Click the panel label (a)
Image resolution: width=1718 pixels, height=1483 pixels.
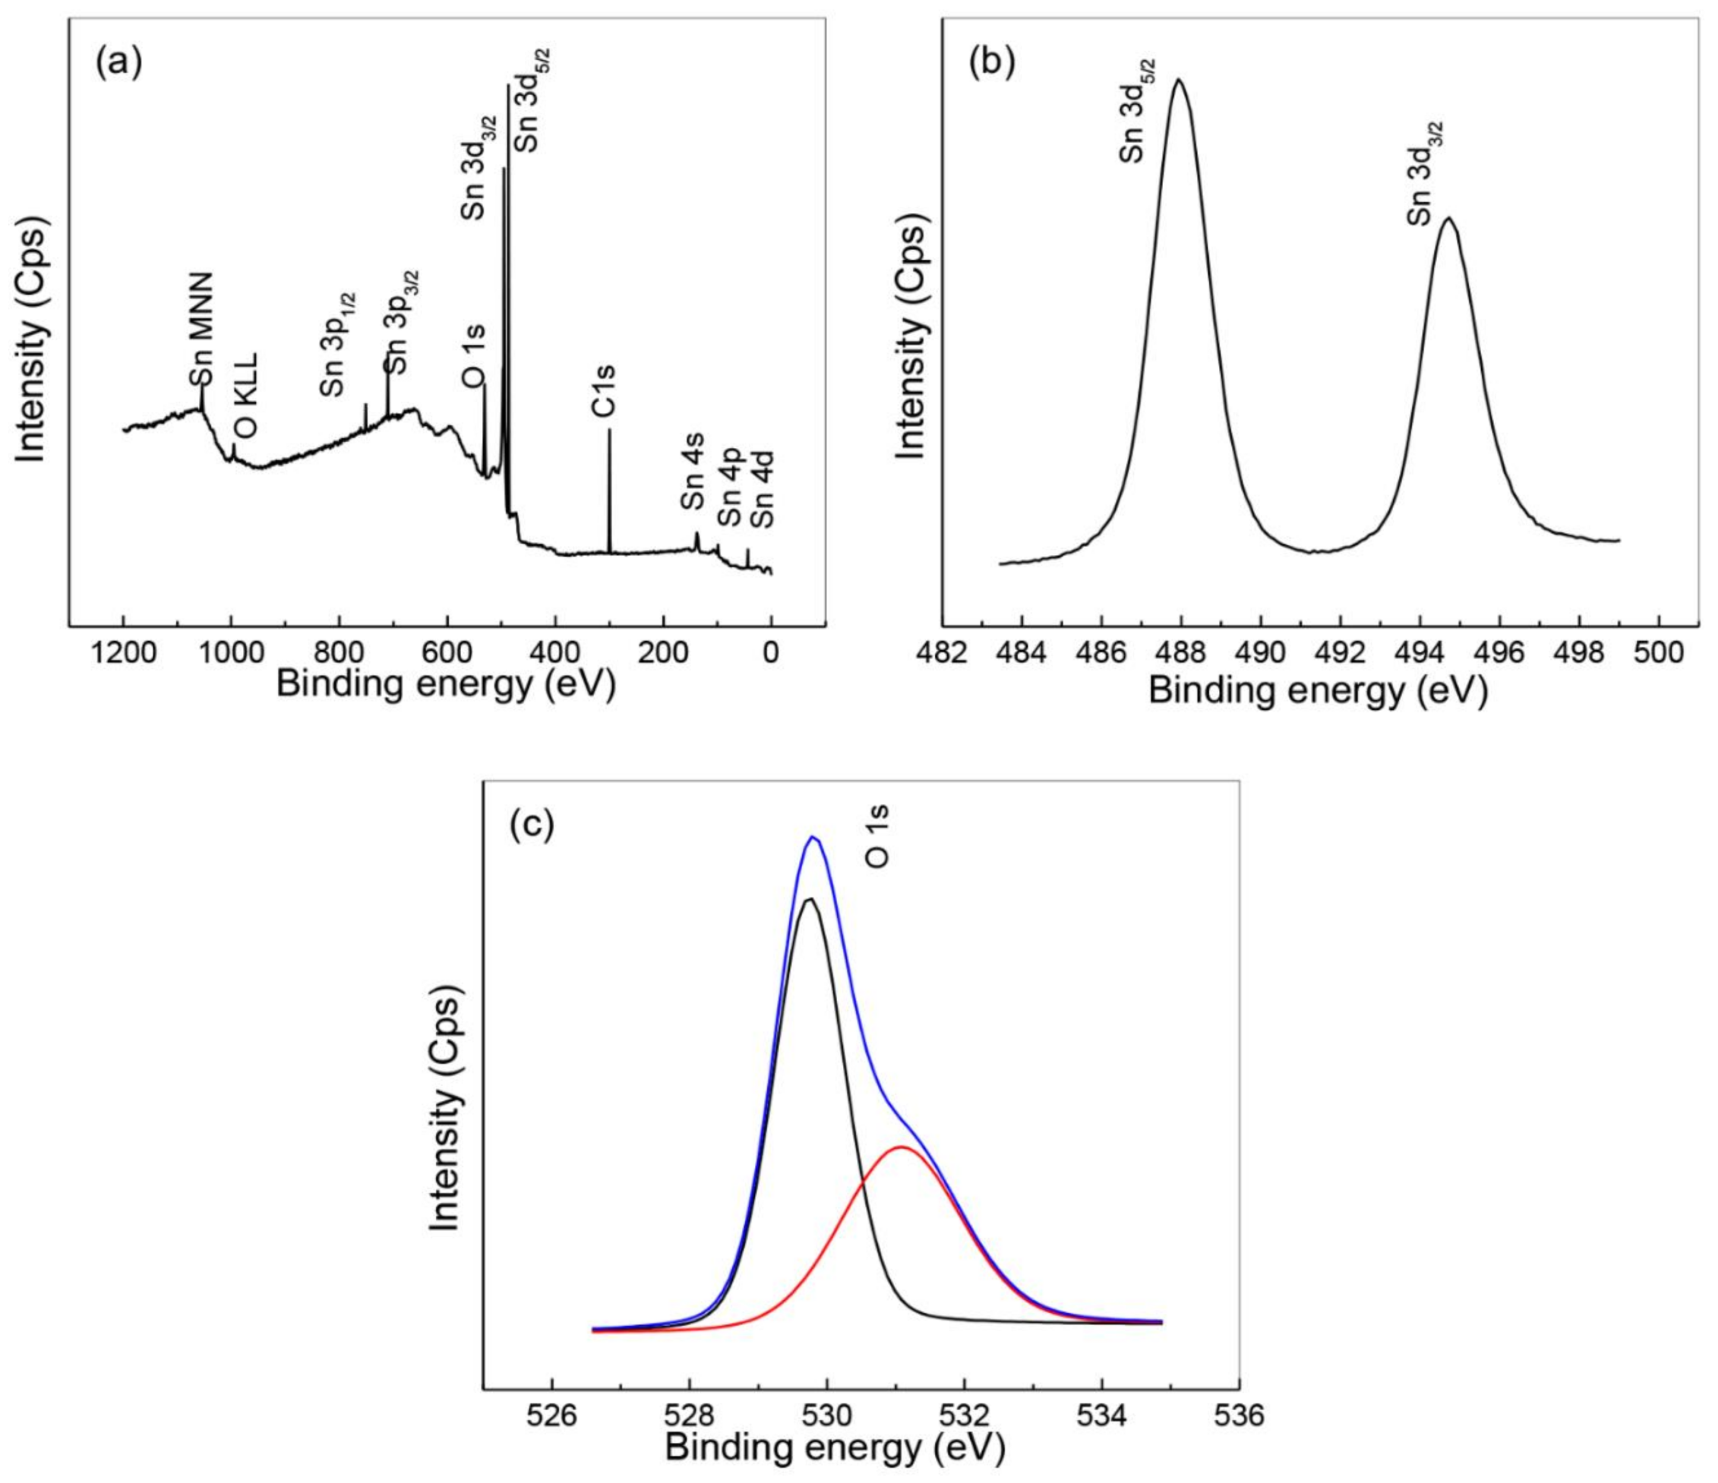coord(119,63)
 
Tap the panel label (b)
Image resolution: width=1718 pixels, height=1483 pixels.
coord(992,63)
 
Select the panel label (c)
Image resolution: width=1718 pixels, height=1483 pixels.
coord(531,823)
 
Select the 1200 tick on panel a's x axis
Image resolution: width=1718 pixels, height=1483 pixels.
coord(124,653)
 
